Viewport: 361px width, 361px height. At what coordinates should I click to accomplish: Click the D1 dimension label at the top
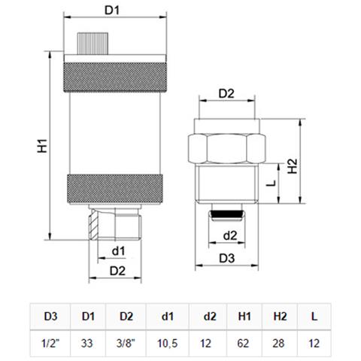pyautogui.click(x=112, y=11)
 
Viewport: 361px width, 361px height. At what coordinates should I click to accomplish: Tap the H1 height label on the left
pyautogui.click(x=42, y=146)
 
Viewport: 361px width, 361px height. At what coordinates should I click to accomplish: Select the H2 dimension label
pyautogui.click(x=293, y=166)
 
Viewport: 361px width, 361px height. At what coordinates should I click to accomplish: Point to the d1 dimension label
pyautogui.click(x=118, y=251)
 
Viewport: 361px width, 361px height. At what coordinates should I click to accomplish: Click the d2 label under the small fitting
pyautogui.click(x=230, y=235)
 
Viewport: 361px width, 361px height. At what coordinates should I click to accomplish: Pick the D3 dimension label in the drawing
pyautogui.click(x=227, y=258)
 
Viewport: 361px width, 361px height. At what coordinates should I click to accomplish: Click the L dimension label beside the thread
pyautogui.click(x=271, y=183)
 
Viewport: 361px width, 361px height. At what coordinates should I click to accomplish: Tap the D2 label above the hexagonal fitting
pyautogui.click(x=226, y=93)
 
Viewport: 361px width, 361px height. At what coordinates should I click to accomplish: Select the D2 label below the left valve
pyautogui.click(x=117, y=271)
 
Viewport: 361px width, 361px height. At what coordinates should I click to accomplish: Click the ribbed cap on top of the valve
pyautogui.click(x=93, y=44)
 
